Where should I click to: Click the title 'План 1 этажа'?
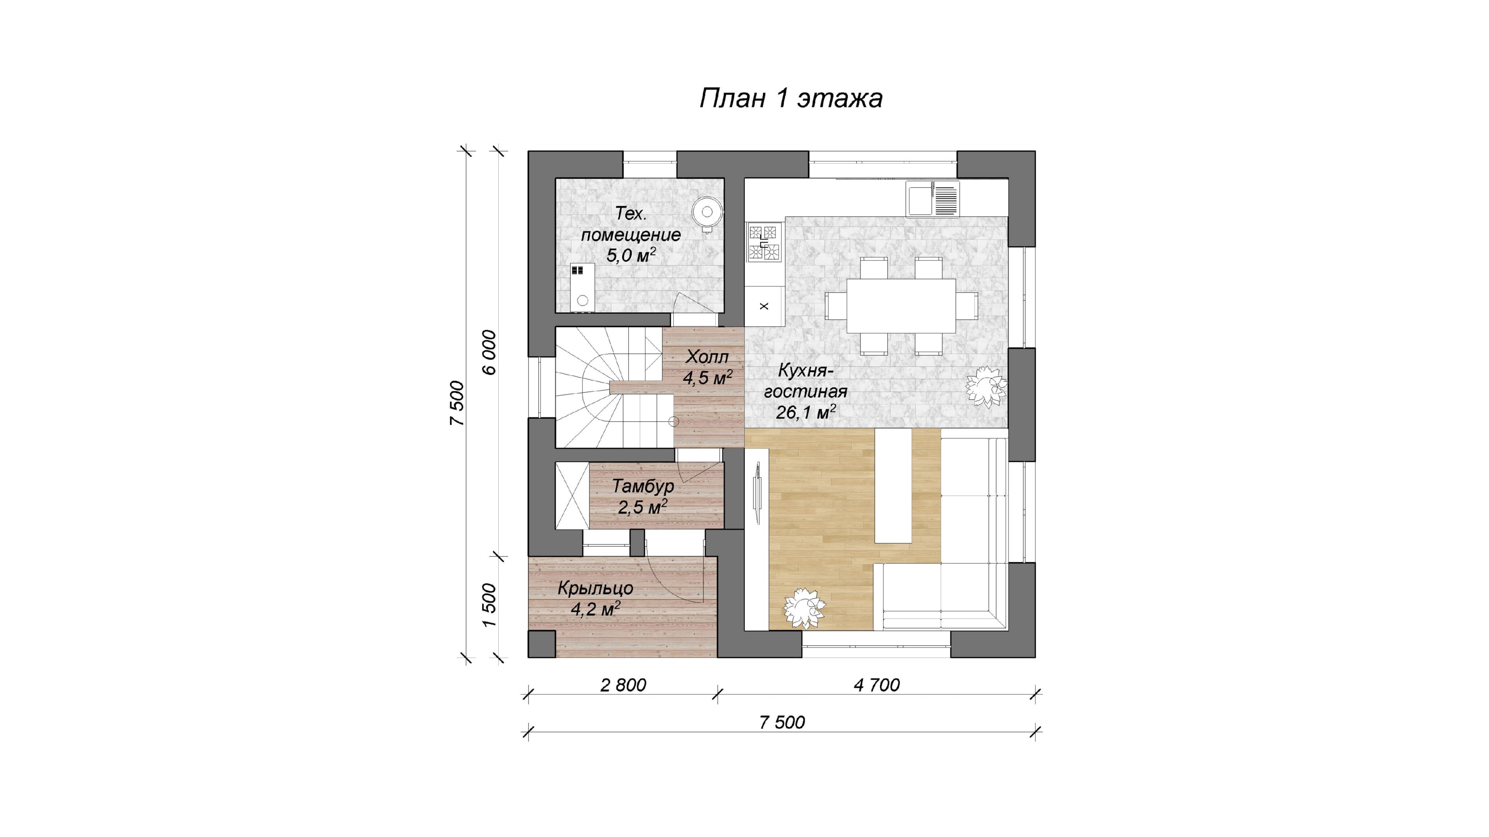[x=791, y=98]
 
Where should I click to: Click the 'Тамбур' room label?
[x=643, y=486]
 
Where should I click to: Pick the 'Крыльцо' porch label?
[x=595, y=588]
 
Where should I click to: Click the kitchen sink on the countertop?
[x=932, y=199]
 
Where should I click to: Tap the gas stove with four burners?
[x=764, y=243]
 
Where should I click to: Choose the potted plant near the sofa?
[x=804, y=608]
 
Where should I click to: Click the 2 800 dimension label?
[x=623, y=685]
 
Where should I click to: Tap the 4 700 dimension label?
[x=877, y=685]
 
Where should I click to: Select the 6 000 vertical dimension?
[x=490, y=352]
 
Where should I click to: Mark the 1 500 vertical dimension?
[x=490, y=605]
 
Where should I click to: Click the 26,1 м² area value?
[x=806, y=412]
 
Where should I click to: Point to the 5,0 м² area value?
[x=630, y=255]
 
